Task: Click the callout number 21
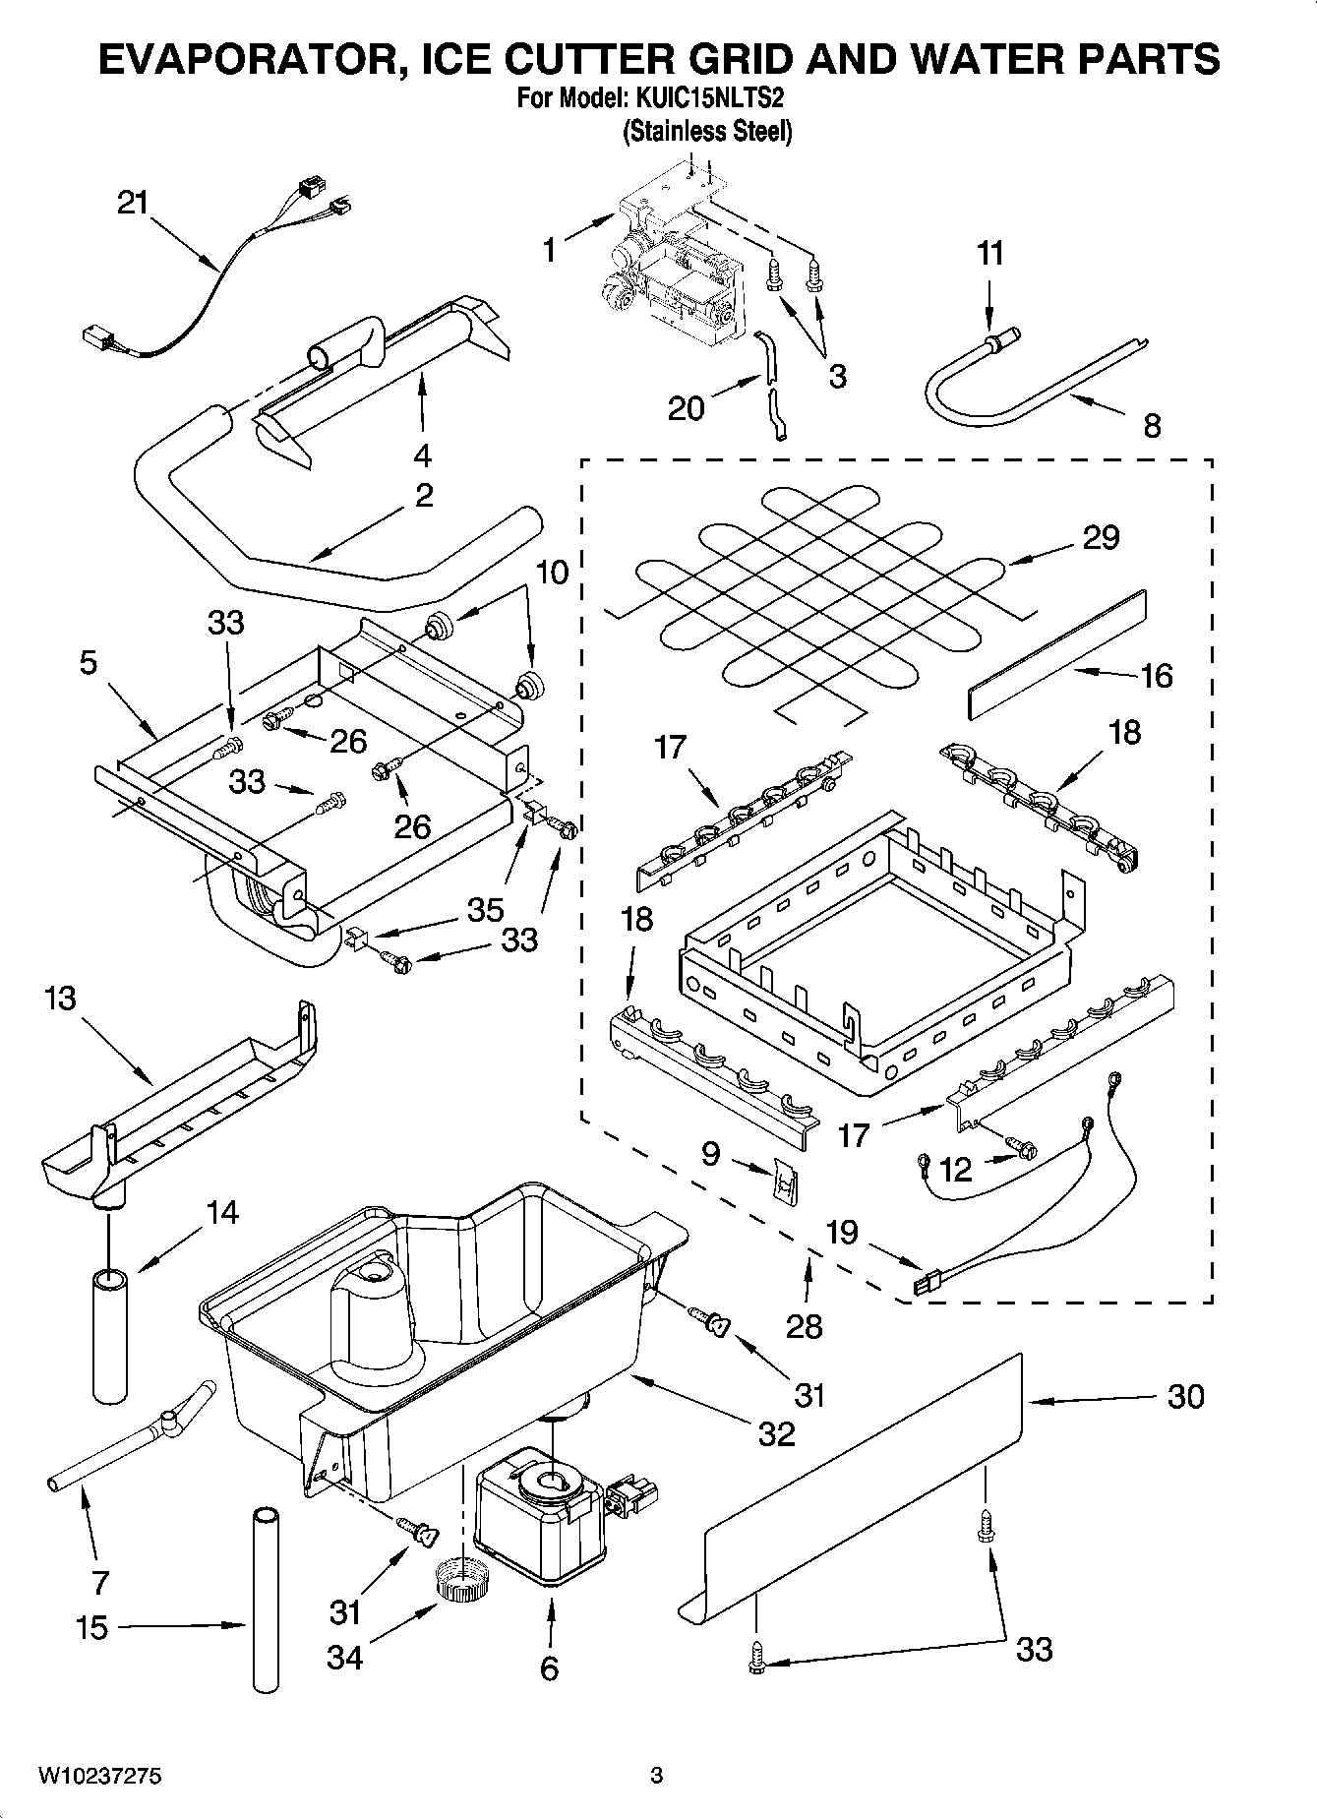(132, 204)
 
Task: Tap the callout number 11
(989, 254)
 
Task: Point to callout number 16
(1156, 676)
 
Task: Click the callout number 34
(344, 1658)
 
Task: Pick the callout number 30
(1184, 1396)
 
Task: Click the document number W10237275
(99, 1777)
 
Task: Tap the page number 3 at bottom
(656, 1776)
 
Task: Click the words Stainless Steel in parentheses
(707, 131)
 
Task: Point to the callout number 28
(804, 1326)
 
